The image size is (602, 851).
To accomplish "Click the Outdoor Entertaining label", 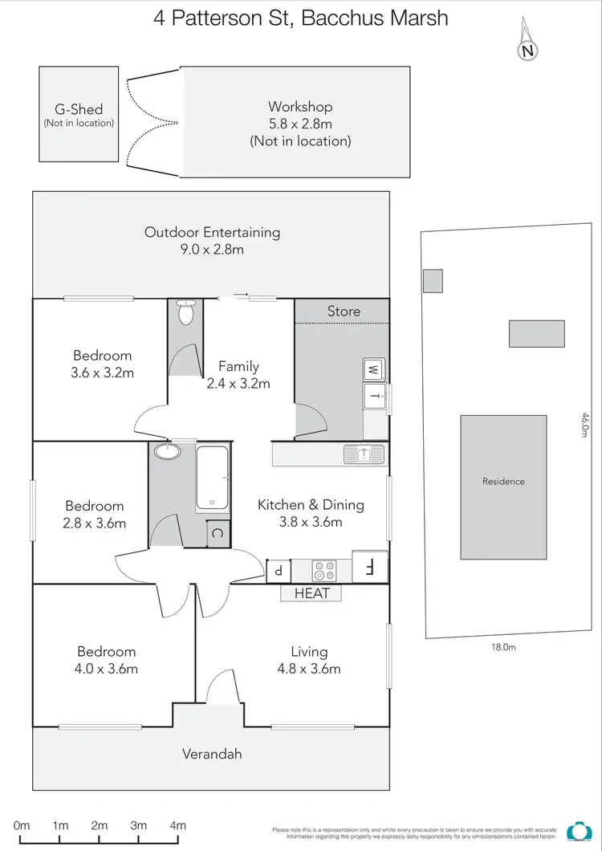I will tap(212, 240).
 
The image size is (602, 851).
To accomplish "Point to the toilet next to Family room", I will tap(185, 312).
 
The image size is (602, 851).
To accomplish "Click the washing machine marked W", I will tap(373, 370).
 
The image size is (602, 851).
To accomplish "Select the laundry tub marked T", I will tap(374, 395).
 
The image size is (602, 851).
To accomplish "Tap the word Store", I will tap(344, 311).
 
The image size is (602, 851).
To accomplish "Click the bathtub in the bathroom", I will tap(213, 478).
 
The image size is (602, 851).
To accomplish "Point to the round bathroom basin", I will tap(167, 451).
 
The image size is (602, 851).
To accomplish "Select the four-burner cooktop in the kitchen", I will tap(324, 570).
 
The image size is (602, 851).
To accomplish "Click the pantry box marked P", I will tap(278, 570).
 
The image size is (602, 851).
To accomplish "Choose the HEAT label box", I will tap(311, 593).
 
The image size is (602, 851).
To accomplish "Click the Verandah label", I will tap(212, 754).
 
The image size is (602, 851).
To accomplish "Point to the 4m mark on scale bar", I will tap(177, 825).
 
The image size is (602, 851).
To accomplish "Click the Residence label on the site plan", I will tap(503, 482).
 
